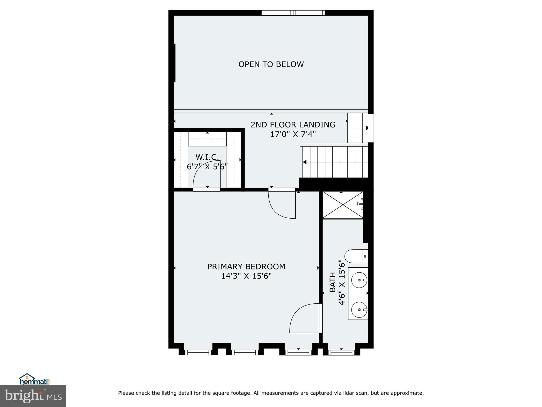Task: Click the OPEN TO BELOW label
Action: (x=271, y=64)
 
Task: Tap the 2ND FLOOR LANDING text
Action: (x=293, y=125)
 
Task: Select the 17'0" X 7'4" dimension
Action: (x=293, y=134)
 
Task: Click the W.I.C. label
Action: (x=207, y=157)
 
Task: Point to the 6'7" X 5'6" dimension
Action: (x=207, y=167)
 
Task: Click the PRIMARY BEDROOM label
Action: (x=246, y=267)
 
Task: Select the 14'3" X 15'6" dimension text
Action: (x=246, y=276)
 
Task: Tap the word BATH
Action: (x=332, y=282)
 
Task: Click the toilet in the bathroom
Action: (x=356, y=256)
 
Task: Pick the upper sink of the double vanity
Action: (x=359, y=280)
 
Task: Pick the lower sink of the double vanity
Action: (x=359, y=309)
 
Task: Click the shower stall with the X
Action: (x=343, y=205)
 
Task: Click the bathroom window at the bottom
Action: (x=341, y=352)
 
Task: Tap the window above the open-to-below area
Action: (x=293, y=13)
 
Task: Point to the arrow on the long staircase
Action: (x=305, y=162)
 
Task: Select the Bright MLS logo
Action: (x=33, y=396)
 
